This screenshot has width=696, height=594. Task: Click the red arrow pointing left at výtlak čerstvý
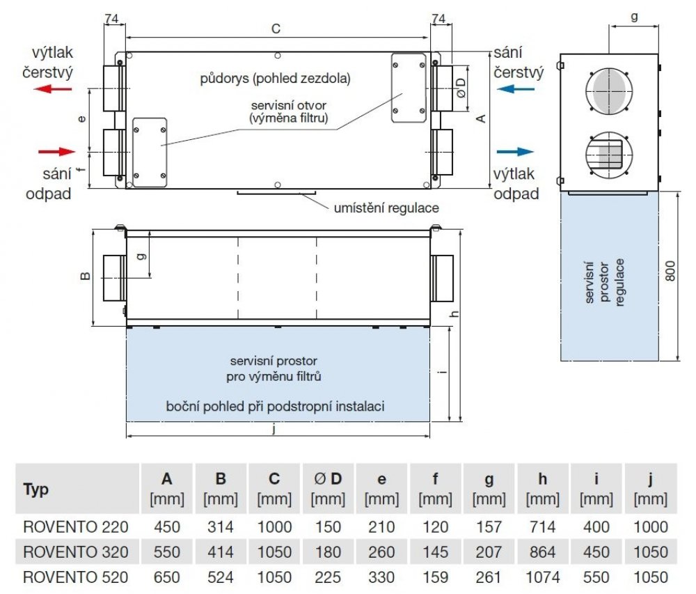[55, 88]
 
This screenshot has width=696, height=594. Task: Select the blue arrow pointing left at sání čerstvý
[516, 88]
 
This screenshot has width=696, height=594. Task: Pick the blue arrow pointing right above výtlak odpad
[516, 151]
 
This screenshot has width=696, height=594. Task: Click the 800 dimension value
[670, 272]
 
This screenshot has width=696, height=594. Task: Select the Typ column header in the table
[36, 490]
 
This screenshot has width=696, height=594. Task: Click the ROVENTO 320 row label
[76, 552]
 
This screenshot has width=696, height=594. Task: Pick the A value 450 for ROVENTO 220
[167, 527]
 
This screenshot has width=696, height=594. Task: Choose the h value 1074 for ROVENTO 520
[542, 577]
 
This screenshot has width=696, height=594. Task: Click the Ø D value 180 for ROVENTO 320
[328, 552]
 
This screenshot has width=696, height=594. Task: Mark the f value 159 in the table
[435, 577]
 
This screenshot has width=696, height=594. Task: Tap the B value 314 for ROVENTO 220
[221, 527]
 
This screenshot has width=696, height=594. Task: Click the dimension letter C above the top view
[276, 29]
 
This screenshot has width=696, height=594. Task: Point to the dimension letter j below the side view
[276, 430]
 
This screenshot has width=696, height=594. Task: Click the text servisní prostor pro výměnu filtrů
[276, 369]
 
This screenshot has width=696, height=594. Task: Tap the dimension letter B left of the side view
[85, 276]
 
